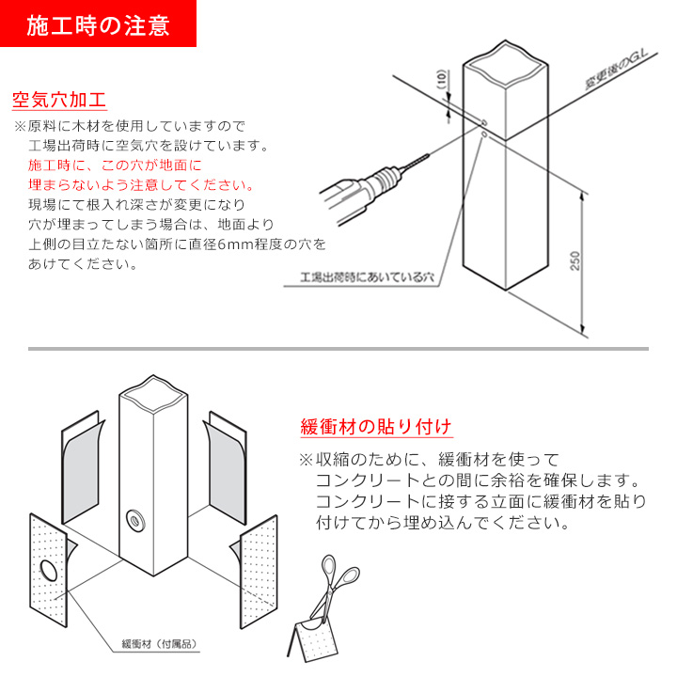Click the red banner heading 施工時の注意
tap(98, 24)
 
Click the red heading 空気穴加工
tap(58, 100)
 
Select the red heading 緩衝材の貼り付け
tap(375, 426)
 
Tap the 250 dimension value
tap(575, 260)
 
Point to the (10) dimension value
tap(441, 83)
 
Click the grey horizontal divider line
tap(338, 349)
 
